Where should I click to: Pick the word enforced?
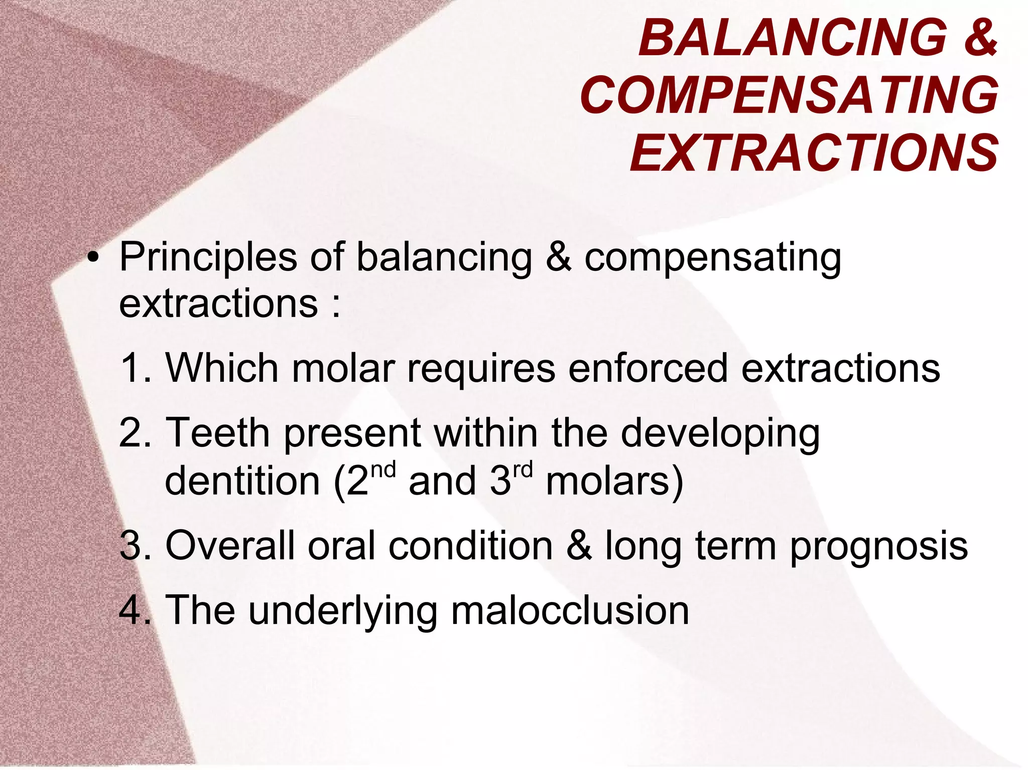(x=648, y=368)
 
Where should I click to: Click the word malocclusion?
(x=570, y=610)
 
